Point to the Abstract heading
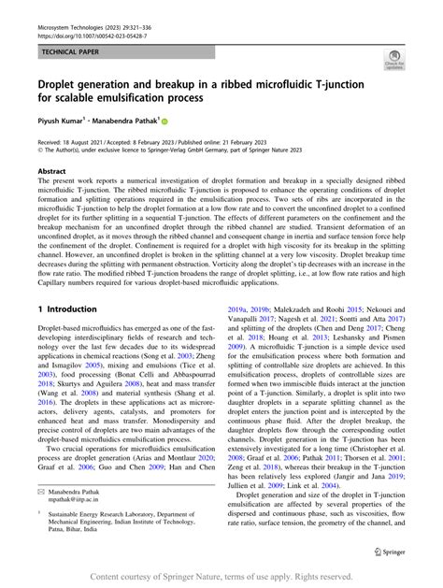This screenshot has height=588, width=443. [51, 172]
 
